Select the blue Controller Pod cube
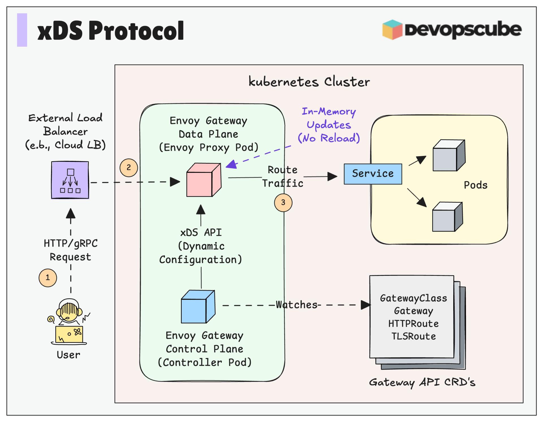pyautogui.click(x=198, y=307)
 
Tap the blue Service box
pyautogui.click(x=373, y=174)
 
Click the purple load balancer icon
pyautogui.click(x=70, y=180)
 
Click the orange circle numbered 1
pyautogui.click(x=48, y=278)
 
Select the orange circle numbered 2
pyautogui.click(x=129, y=168)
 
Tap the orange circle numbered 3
pyautogui.click(x=283, y=203)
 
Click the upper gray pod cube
pyautogui.click(x=449, y=155)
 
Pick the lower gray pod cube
pyautogui.click(x=447, y=217)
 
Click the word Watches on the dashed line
pyautogui.click(x=297, y=305)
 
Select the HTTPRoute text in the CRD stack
pyautogui.click(x=413, y=324)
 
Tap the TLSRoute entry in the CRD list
pyautogui.click(x=413, y=336)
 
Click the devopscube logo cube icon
pyautogui.click(x=392, y=30)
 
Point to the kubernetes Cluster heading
pyautogui.click(x=309, y=82)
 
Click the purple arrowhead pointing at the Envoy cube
pyautogui.click(x=232, y=164)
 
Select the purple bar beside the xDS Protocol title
pyautogui.click(x=22, y=30)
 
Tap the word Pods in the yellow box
pyautogui.click(x=475, y=185)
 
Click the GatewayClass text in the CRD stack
pyautogui.click(x=413, y=298)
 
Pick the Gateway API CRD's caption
pyautogui.click(x=422, y=382)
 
